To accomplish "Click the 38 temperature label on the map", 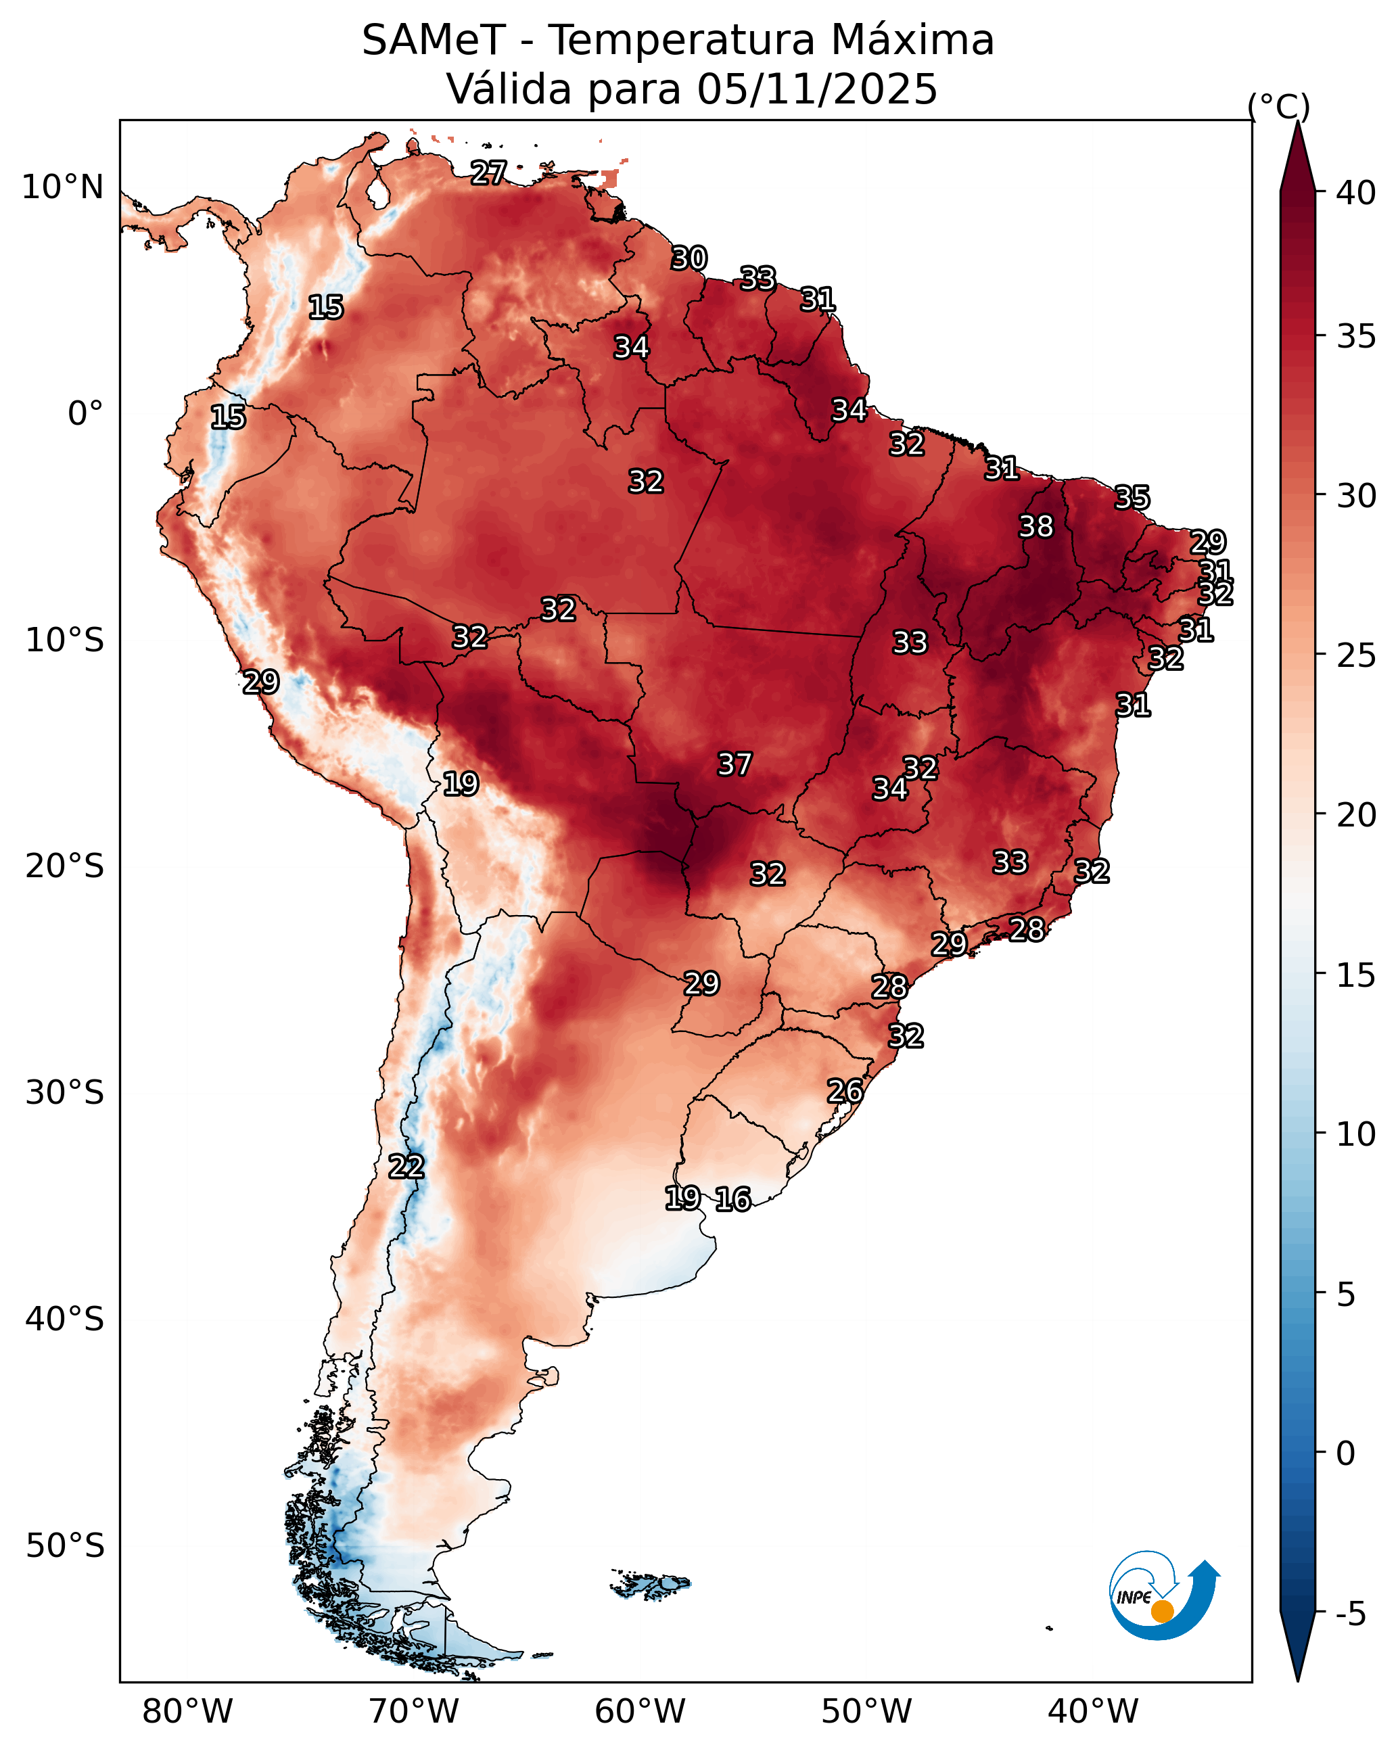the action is (1036, 526).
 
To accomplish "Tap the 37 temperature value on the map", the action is (735, 764).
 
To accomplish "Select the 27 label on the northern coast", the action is (488, 172).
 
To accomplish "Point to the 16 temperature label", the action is (732, 1199).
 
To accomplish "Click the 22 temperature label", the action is (406, 1167).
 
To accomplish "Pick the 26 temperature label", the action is (845, 1091).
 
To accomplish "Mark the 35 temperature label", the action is (1132, 497).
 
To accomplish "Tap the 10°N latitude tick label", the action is (62, 187).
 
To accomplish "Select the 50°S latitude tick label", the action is (65, 1546).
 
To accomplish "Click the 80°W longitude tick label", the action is (187, 1712).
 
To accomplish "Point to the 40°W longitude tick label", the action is (1093, 1712).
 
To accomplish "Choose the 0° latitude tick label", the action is (86, 414).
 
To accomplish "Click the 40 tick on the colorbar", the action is (1357, 193).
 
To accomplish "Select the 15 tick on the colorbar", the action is (1357, 975).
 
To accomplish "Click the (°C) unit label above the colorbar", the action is (1279, 106).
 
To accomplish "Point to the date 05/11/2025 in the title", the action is (817, 89).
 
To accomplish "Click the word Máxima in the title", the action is (914, 40).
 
